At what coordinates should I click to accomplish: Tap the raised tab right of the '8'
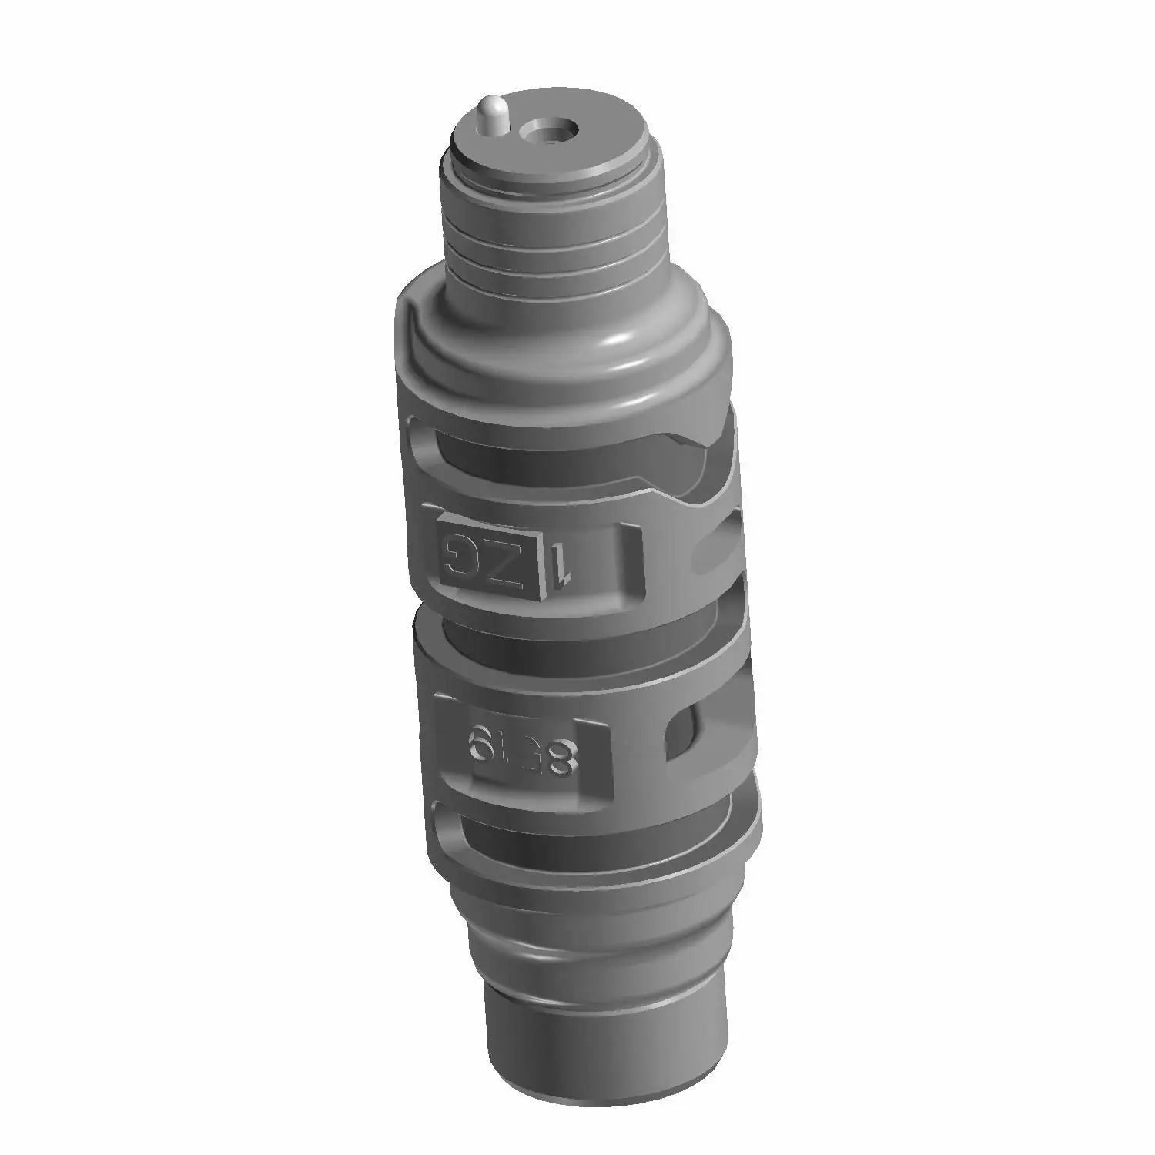click(598, 762)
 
